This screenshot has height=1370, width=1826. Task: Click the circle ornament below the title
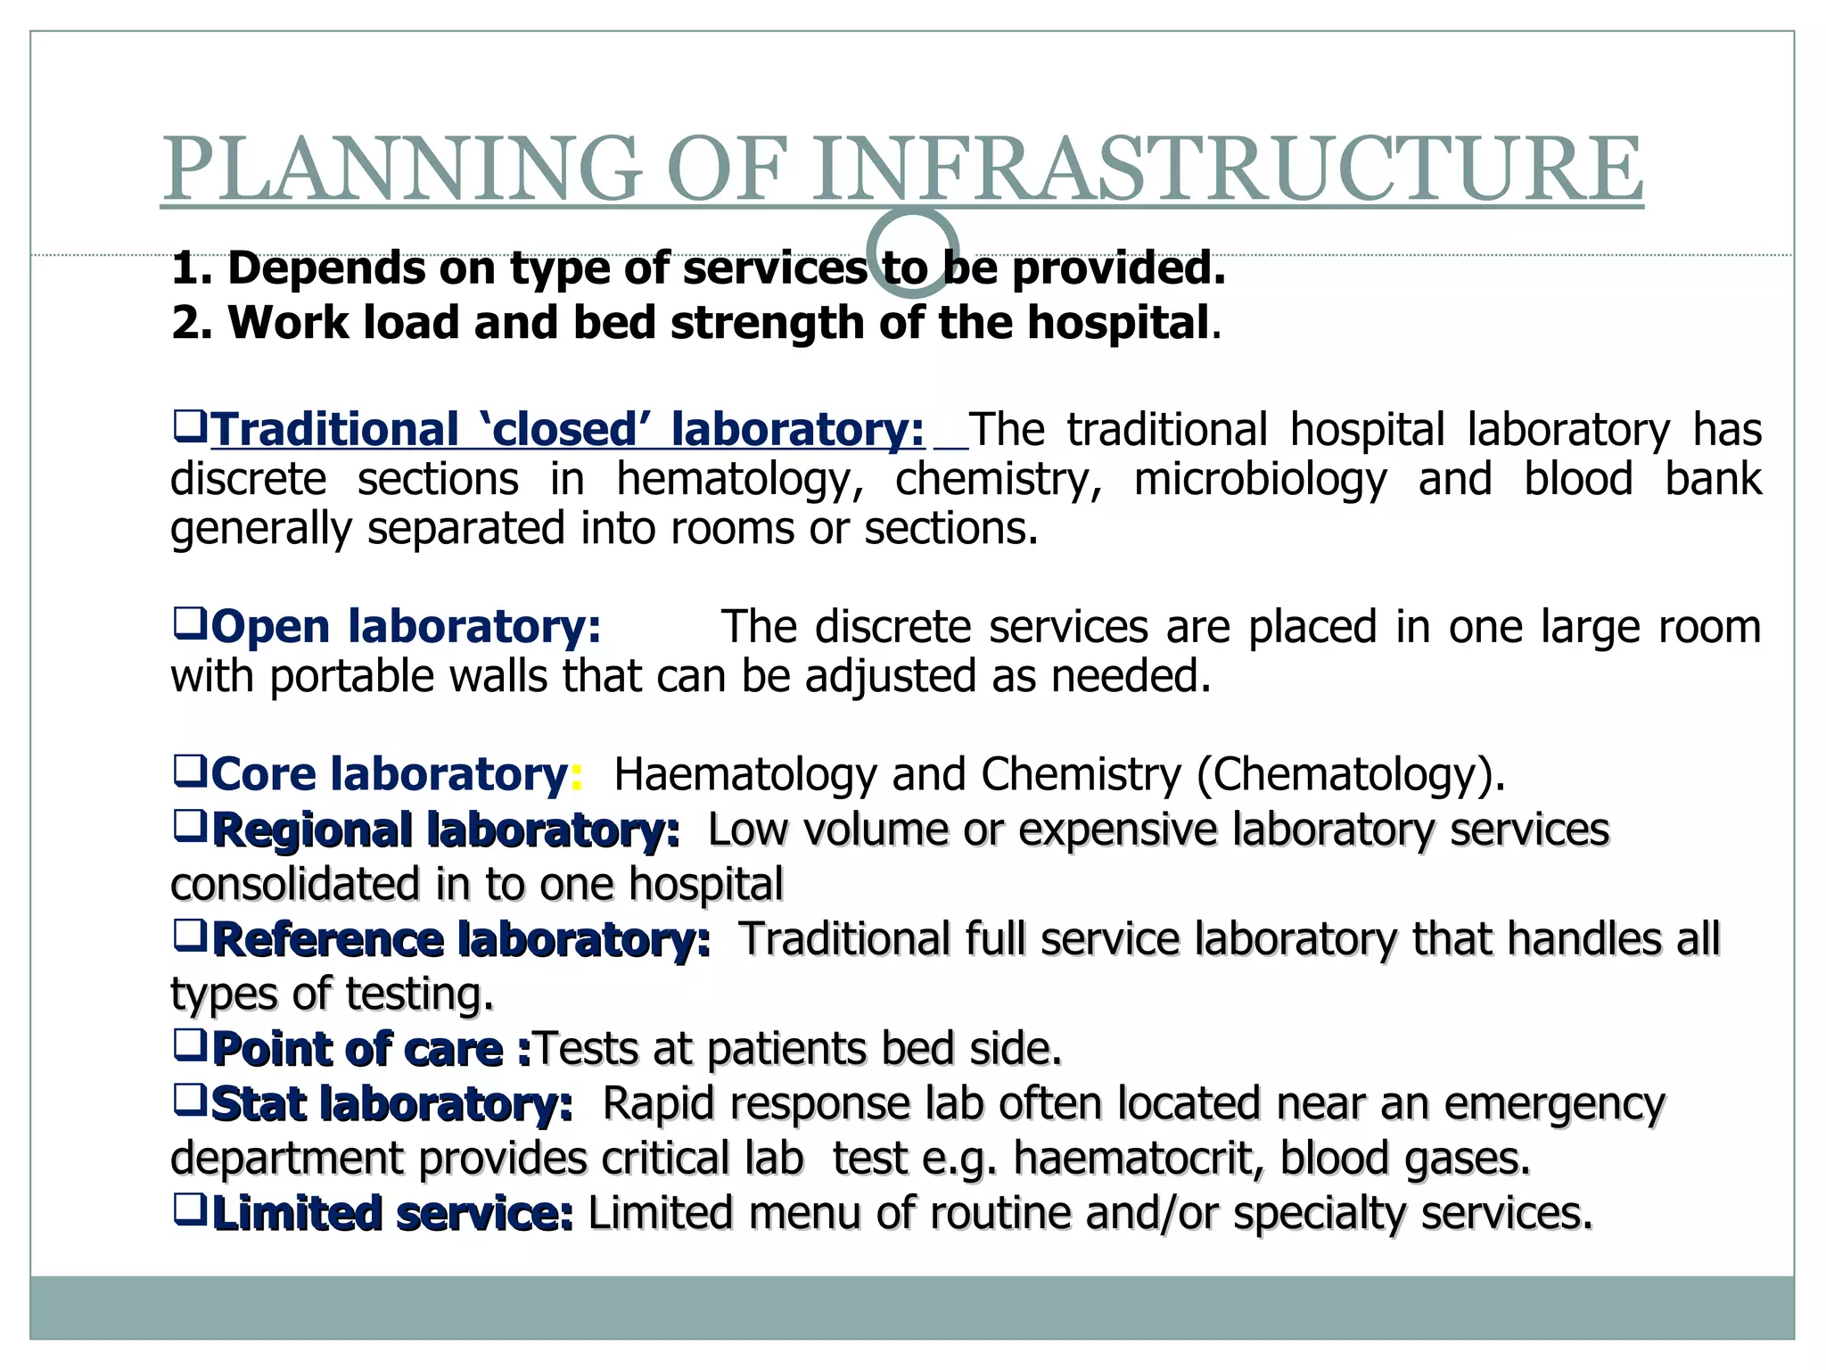coord(912,252)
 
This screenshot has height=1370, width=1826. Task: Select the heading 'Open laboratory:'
coord(406,626)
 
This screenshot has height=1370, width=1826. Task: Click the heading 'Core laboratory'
coord(389,773)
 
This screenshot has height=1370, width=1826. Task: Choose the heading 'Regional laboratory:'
coord(446,830)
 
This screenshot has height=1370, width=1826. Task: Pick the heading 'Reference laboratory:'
coord(462,940)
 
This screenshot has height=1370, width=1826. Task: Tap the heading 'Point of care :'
coord(372,1049)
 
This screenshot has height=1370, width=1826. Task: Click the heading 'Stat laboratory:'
coord(392,1104)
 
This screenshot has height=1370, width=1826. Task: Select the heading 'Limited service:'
coord(392,1214)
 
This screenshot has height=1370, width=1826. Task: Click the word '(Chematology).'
coord(1350,773)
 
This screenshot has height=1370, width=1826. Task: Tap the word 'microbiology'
coord(1260,479)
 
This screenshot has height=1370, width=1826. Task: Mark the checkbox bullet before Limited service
coord(189,1209)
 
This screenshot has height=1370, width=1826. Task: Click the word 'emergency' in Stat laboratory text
coord(1554,1104)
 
